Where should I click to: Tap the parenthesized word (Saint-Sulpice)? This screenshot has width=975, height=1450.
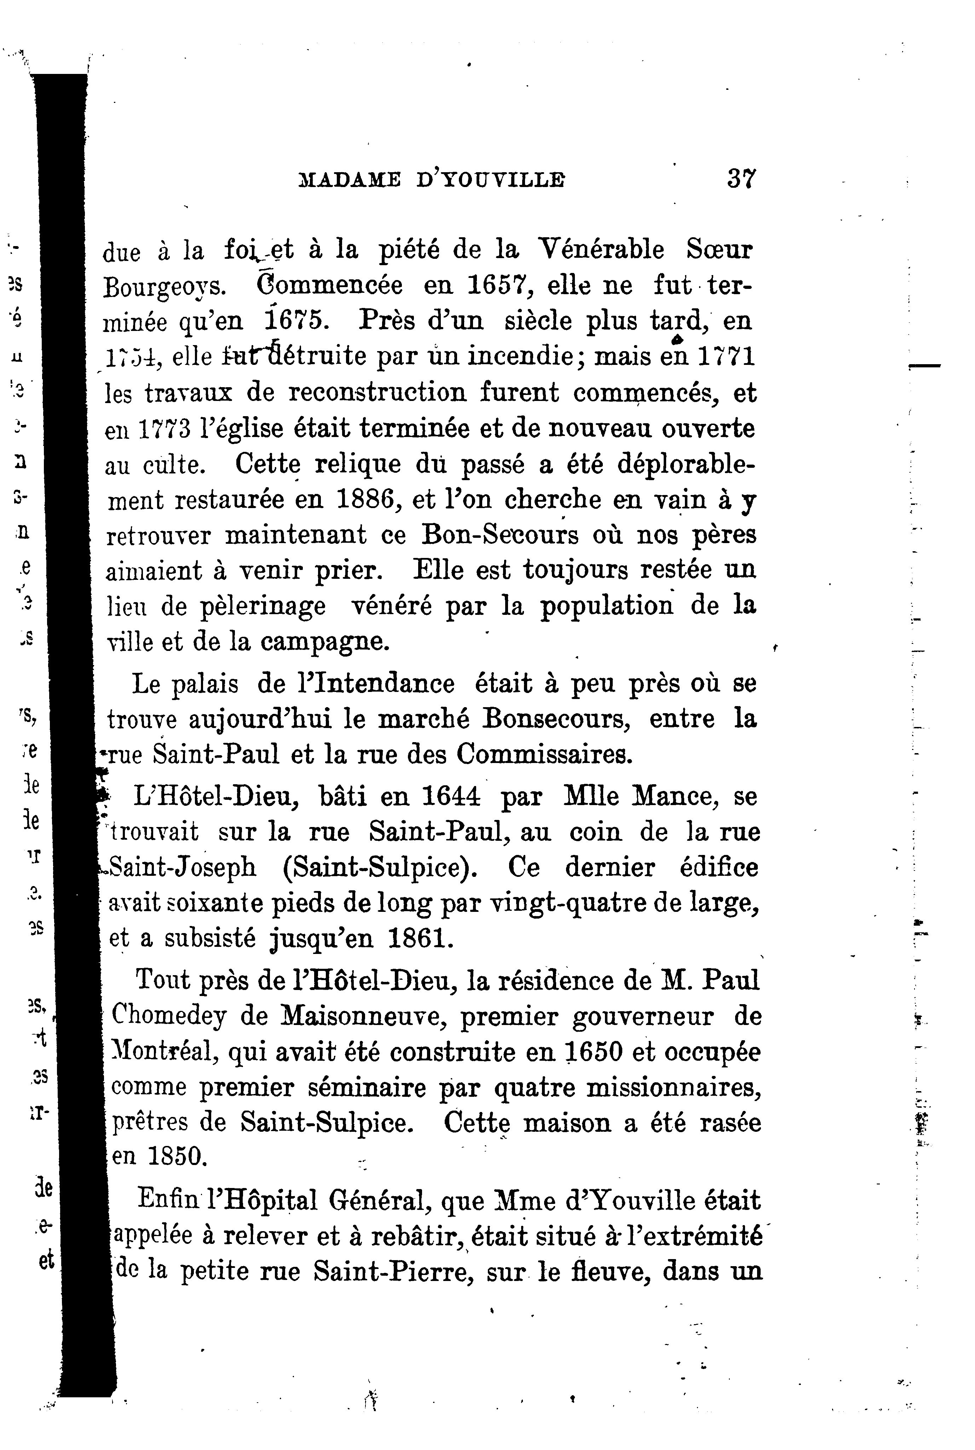click(380, 868)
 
